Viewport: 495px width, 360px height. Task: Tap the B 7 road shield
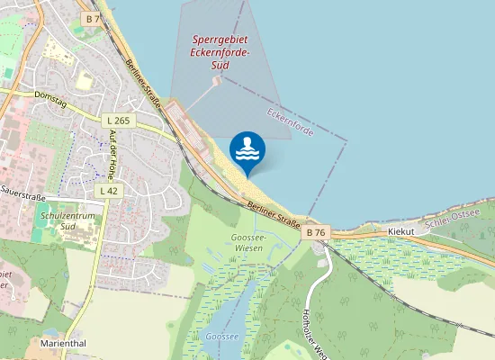[x=92, y=18]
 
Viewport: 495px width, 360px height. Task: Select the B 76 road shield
[x=316, y=232]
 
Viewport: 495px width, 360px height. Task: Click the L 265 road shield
[x=117, y=121]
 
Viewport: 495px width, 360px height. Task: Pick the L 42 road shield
[x=107, y=191]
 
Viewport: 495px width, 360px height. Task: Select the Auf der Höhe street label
[x=112, y=152]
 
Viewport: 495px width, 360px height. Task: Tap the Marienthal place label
[x=62, y=343]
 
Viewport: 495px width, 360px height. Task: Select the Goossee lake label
[x=220, y=337]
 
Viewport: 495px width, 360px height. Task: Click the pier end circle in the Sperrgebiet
[x=217, y=79]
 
